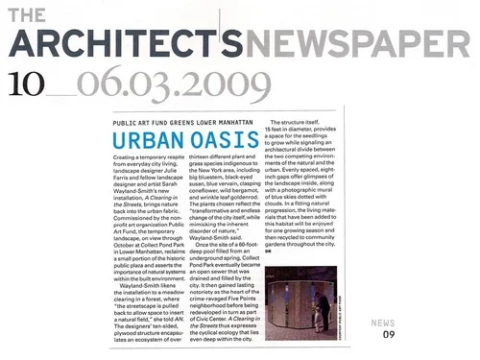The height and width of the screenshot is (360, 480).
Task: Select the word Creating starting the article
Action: coord(129,156)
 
